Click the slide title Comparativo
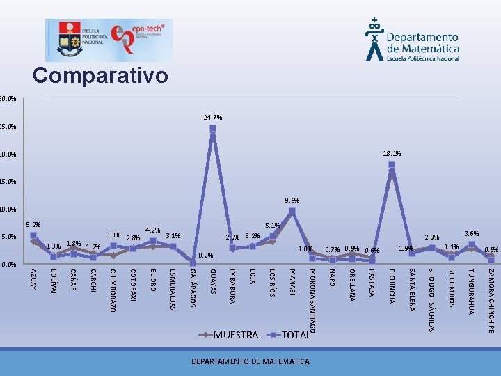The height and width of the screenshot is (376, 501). tap(100, 75)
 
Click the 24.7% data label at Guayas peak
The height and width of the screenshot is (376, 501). tap(213, 118)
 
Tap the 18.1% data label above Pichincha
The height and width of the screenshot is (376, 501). tap(392, 154)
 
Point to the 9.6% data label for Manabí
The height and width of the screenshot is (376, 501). tap(292, 201)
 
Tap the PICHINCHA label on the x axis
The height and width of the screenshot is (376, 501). tap(392, 285)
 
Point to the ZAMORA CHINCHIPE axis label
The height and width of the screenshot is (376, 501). tap(491, 300)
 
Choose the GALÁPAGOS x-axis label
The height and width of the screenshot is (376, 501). tap(193, 287)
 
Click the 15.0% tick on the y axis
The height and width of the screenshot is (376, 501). tap(8, 182)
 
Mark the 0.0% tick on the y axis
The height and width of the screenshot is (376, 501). tap(8, 265)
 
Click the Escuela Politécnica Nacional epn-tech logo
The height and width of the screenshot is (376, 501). tap(109, 40)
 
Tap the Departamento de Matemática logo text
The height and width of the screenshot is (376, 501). tap(422, 43)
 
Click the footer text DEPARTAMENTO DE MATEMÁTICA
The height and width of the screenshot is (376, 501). tap(250, 361)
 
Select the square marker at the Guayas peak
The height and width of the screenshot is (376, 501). tap(213, 129)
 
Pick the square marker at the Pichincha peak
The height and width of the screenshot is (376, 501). tap(392, 165)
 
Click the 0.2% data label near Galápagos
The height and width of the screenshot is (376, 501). tap(205, 256)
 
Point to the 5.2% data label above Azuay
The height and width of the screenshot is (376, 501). tap(33, 225)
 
